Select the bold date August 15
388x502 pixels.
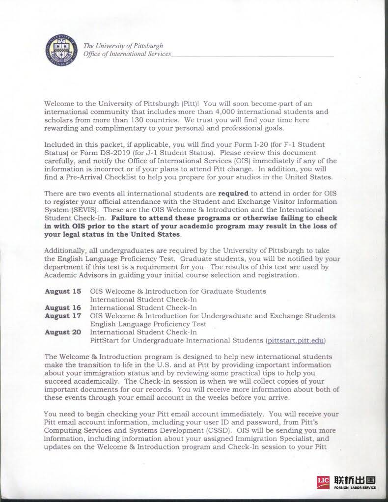coord(63,291)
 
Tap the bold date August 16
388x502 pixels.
coord(63,307)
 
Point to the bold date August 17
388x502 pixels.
coord(63,316)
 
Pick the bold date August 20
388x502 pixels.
coord(63,332)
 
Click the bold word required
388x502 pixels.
coord(233,193)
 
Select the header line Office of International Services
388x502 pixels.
coord(128,54)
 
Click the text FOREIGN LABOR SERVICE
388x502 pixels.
coord(356,488)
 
